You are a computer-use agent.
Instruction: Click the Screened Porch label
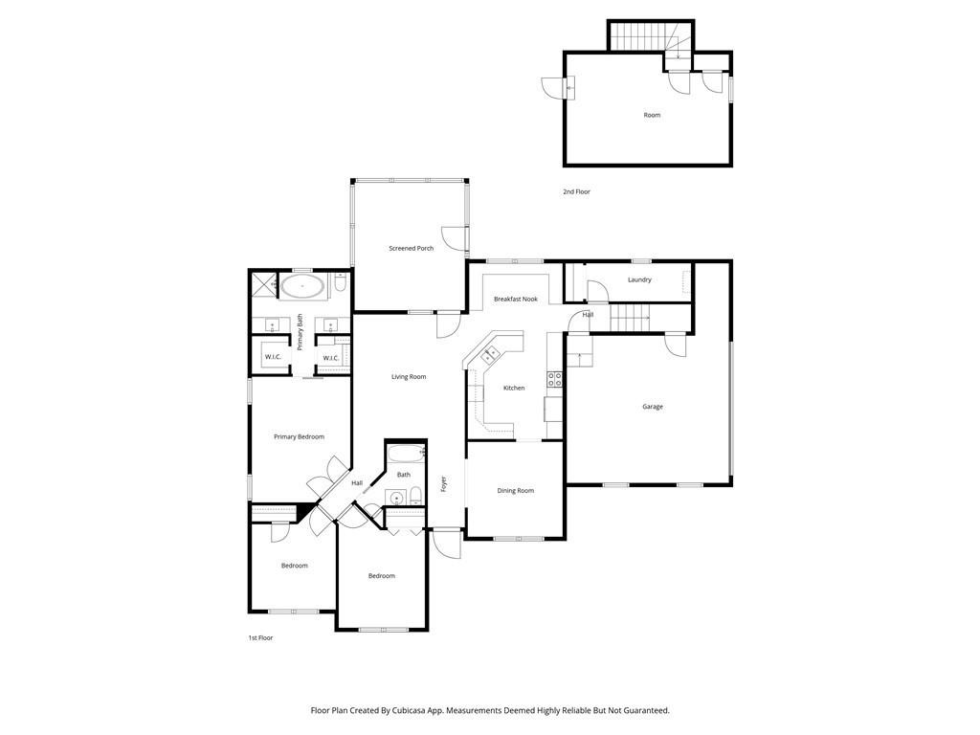click(x=411, y=248)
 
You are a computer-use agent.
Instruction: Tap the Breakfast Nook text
click(x=515, y=300)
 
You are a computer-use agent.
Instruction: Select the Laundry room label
click(x=639, y=279)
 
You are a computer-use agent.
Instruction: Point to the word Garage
click(x=652, y=407)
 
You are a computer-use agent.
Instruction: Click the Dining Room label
click(x=515, y=491)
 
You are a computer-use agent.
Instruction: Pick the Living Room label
click(x=409, y=377)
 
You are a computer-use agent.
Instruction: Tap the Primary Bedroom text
click(x=299, y=436)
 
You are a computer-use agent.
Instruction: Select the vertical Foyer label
click(x=443, y=484)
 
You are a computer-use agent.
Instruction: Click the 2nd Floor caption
click(x=576, y=191)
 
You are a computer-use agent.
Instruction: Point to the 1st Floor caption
click(x=260, y=637)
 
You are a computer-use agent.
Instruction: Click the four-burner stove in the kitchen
click(x=553, y=378)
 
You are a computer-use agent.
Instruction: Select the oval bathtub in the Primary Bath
click(x=303, y=286)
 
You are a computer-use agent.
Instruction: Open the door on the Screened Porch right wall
click(x=455, y=236)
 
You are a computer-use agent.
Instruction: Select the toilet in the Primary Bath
click(x=341, y=283)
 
